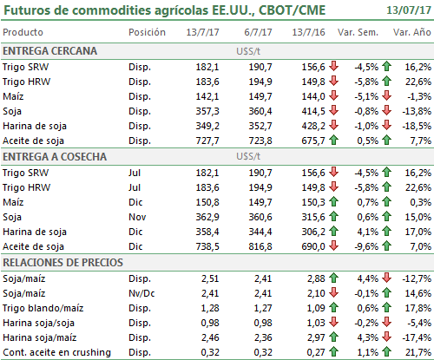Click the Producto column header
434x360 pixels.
click(23, 32)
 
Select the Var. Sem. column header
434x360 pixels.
click(358, 32)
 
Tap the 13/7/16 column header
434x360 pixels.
click(308, 32)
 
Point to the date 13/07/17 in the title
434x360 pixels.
click(409, 10)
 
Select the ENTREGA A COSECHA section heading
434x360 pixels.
click(55, 157)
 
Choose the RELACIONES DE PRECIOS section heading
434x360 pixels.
click(62, 263)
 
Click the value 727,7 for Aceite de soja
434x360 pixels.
click(207, 141)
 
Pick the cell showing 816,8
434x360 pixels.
click(260, 246)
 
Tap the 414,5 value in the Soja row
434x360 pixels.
click(313, 111)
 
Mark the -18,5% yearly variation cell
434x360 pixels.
click(417, 126)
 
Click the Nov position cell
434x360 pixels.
click(137, 217)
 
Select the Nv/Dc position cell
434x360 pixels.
click(141, 293)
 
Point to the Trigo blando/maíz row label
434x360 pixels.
click(43, 308)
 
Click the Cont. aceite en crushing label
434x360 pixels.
click(56, 352)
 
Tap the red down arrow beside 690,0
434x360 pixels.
click(333, 245)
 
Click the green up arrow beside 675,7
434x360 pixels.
click(333, 141)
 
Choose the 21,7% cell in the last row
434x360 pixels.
click(418, 352)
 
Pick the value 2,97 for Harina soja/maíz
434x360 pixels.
click(316, 337)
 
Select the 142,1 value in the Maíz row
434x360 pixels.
click(207, 96)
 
